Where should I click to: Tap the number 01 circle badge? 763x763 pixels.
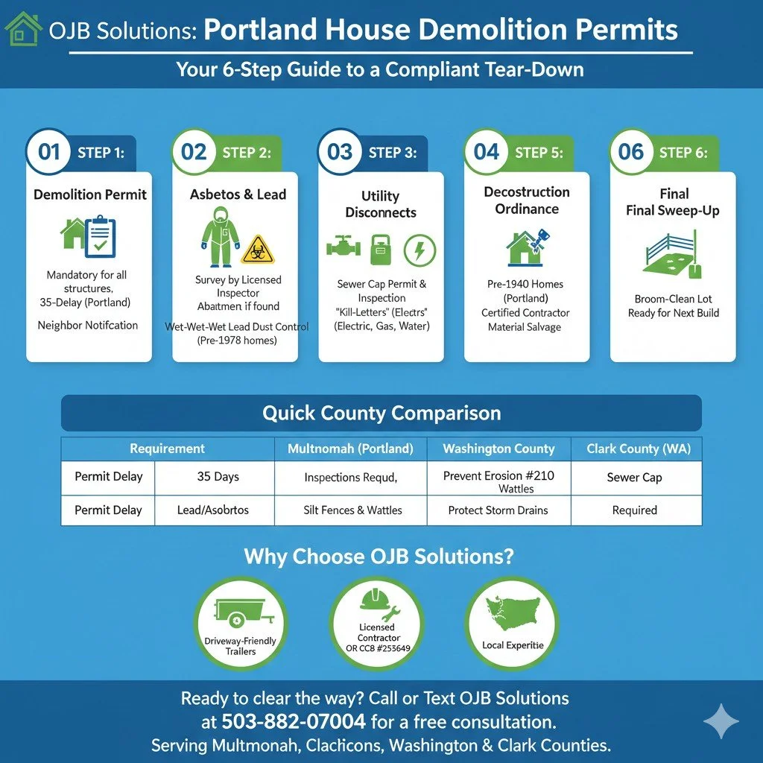[x=49, y=152]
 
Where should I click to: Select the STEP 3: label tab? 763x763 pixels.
[x=393, y=153]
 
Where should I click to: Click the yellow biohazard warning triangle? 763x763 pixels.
[x=258, y=249]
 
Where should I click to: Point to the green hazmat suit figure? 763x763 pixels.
[x=220, y=232]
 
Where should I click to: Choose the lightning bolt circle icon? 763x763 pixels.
[x=420, y=250]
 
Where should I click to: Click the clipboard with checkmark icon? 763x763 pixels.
[x=100, y=236]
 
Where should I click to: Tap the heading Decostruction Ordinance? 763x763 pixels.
[x=527, y=200]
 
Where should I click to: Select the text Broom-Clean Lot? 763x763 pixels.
[x=673, y=299]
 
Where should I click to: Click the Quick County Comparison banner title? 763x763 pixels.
[x=381, y=413]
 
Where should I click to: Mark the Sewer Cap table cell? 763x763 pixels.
[x=634, y=477]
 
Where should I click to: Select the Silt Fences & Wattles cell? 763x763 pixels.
[x=353, y=510]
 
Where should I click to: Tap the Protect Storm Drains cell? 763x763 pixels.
[x=498, y=510]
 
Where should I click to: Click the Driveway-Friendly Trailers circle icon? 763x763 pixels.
[x=240, y=622]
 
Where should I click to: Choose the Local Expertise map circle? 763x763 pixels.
[x=512, y=622]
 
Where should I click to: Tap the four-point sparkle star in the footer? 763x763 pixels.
[x=721, y=721]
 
